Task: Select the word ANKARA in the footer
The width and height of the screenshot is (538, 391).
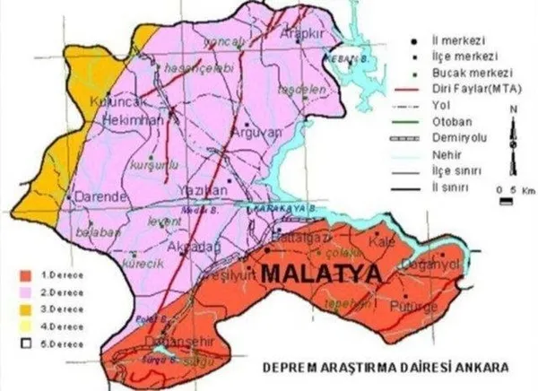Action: (x=480, y=368)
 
